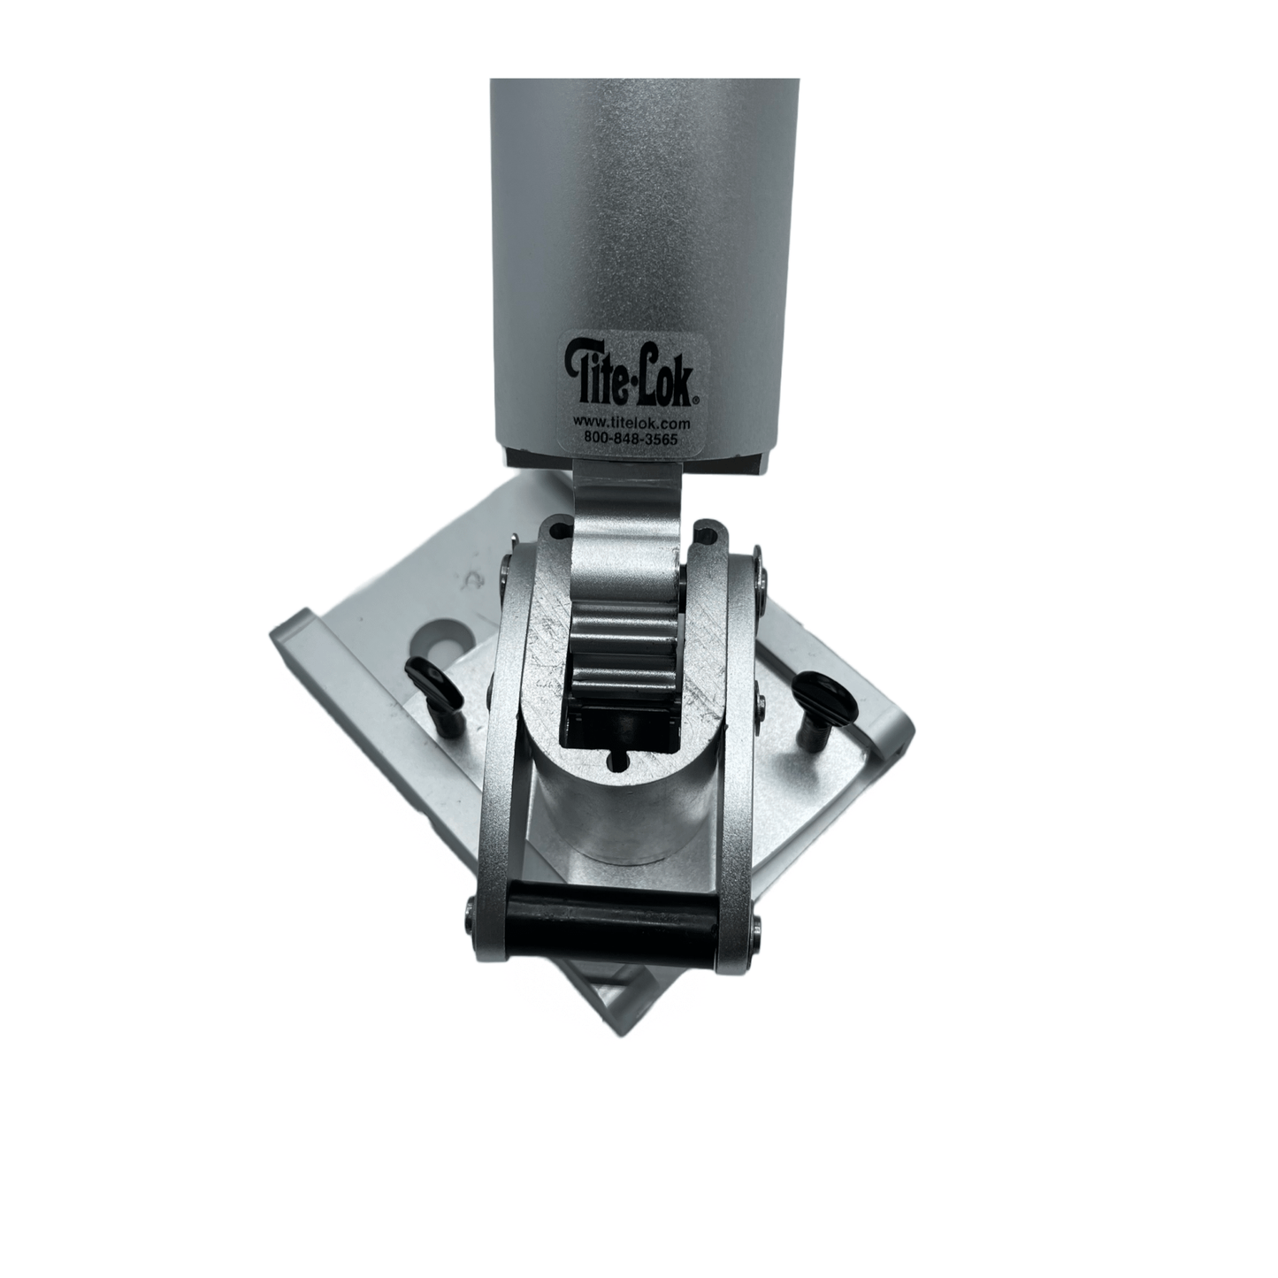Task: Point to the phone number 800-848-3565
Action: [x=631, y=436]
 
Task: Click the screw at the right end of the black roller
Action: [x=759, y=926]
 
